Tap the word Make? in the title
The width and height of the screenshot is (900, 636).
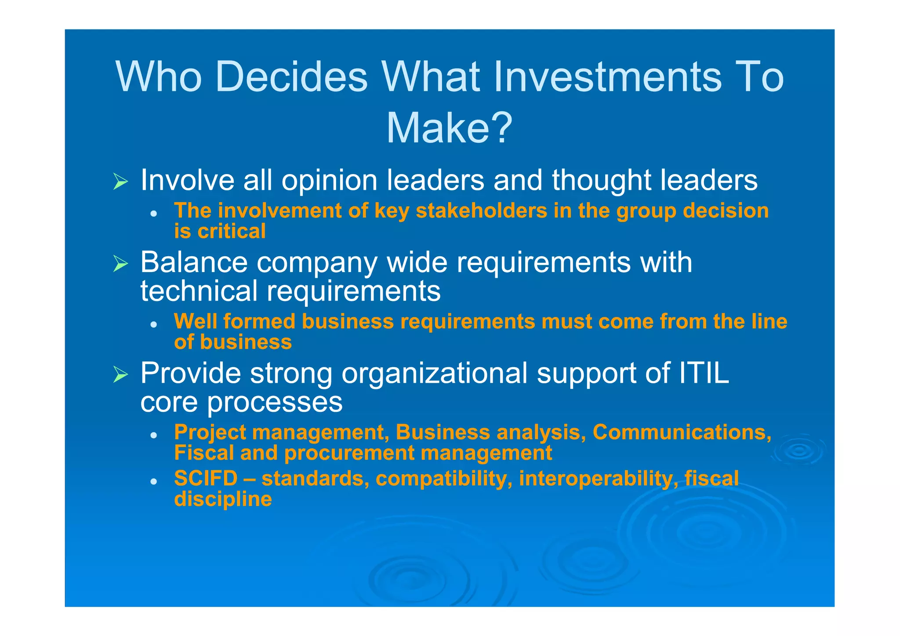(449, 128)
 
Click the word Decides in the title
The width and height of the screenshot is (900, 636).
(291, 77)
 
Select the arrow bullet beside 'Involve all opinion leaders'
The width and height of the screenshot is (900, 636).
(120, 181)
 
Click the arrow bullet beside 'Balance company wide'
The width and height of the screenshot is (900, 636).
(120, 263)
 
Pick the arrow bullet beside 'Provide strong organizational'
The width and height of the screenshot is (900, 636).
(120, 374)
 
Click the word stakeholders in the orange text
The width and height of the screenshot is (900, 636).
(481, 211)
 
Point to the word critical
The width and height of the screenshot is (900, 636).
(232, 231)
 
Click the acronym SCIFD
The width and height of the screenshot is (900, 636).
(206, 478)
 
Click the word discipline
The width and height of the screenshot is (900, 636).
(223, 499)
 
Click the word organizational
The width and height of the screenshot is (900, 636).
(434, 373)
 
